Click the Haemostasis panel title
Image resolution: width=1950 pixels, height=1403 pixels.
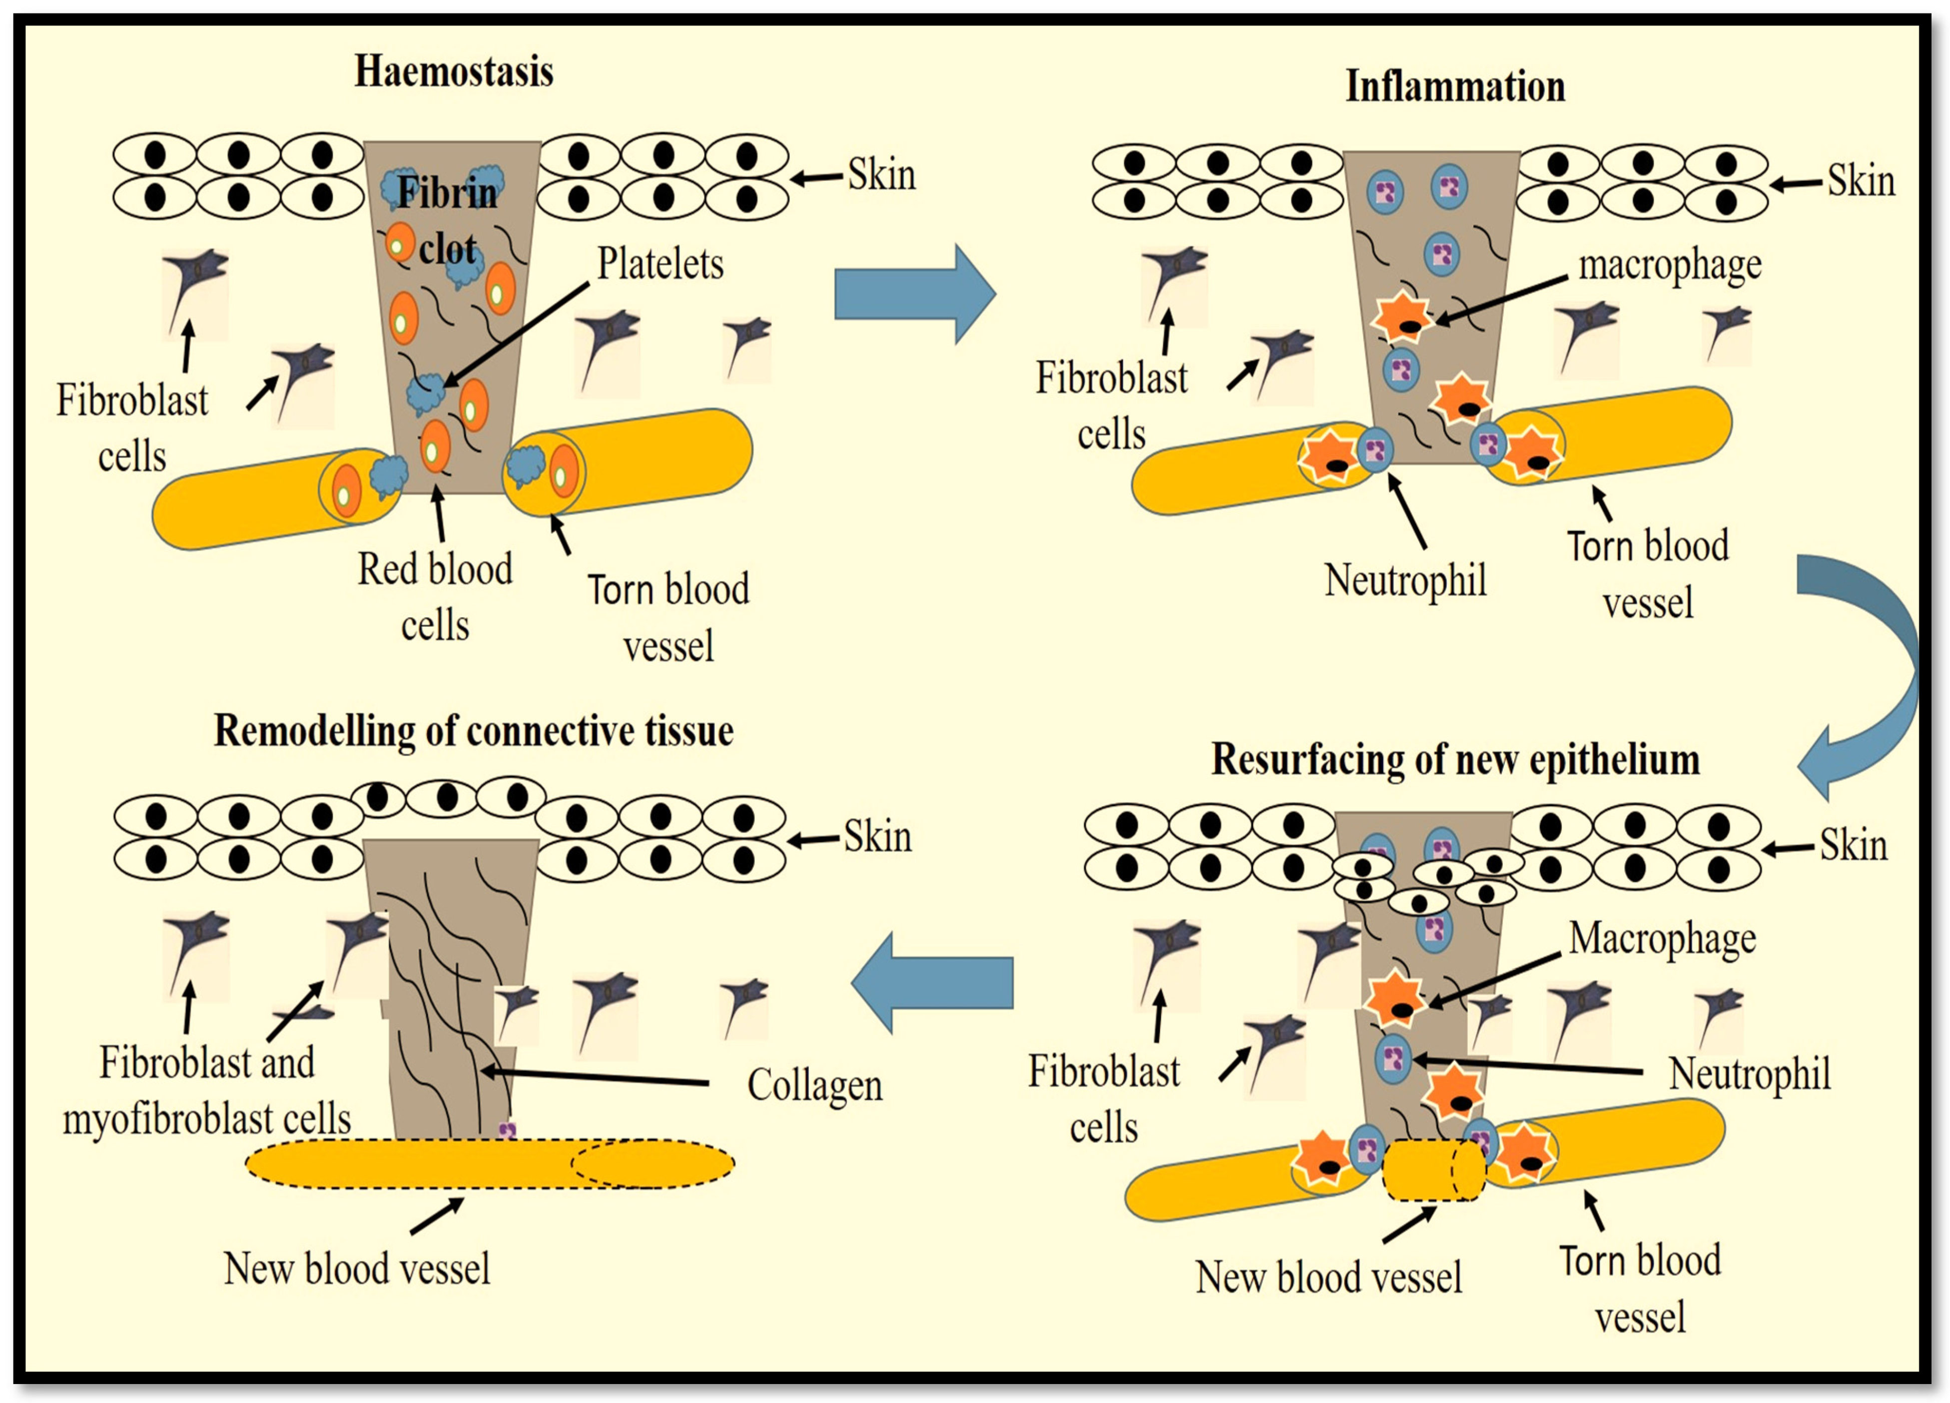454,71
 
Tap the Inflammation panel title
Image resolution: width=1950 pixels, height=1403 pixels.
1455,86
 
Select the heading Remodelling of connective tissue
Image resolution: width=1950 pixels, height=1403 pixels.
474,732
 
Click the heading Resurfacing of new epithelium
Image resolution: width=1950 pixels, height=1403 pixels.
1455,760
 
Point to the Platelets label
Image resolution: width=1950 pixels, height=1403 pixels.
660,263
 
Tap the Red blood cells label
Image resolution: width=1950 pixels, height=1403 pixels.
435,597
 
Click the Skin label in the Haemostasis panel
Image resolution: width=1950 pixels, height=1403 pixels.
881,174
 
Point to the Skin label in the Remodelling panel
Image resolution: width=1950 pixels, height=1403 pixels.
877,837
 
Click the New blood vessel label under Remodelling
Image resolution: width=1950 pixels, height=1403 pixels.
357,1269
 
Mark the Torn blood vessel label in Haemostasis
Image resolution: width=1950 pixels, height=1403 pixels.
668,617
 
